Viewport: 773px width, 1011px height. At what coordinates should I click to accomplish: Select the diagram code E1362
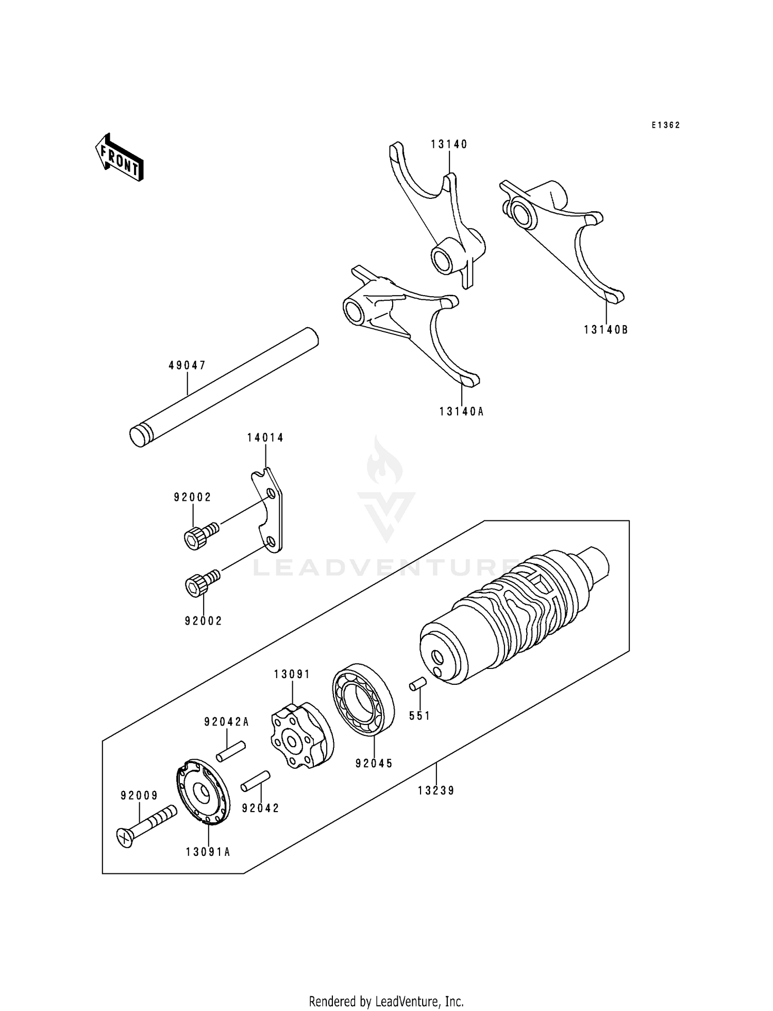point(665,125)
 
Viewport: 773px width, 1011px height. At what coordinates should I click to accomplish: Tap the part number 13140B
point(606,330)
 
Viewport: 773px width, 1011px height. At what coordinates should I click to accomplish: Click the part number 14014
point(265,437)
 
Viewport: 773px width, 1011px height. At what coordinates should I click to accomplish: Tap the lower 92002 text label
point(204,621)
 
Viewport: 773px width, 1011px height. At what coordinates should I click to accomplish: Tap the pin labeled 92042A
point(230,751)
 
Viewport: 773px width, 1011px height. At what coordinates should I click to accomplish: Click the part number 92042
point(261,808)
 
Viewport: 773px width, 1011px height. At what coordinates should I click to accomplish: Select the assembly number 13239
point(436,790)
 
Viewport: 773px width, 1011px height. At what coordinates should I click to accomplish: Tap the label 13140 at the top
point(449,144)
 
